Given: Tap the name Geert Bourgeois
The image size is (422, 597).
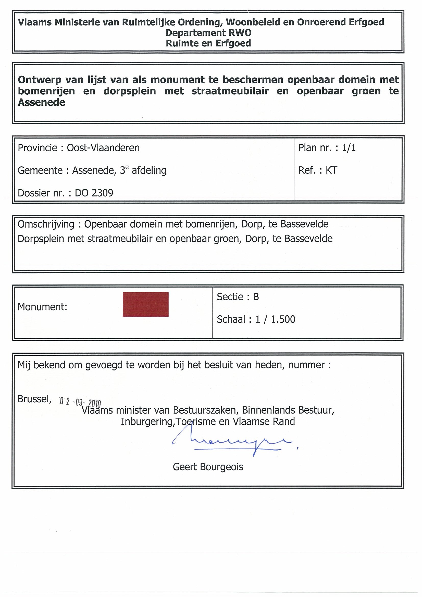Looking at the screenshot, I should pyautogui.click(x=208, y=467).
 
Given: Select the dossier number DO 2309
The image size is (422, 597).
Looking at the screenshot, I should pyautogui.click(x=94, y=193).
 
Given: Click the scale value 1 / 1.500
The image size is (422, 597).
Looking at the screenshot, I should pyautogui.click(x=275, y=319).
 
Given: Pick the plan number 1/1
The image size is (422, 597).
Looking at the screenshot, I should pyautogui.click(x=349, y=148).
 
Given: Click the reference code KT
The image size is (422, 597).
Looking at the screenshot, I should pyautogui.click(x=331, y=170).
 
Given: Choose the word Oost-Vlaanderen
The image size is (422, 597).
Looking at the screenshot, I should pyautogui.click(x=103, y=148).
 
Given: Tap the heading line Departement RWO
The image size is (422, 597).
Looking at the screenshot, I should pyautogui.click(x=208, y=33).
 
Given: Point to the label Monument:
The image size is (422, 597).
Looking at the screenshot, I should pyautogui.click(x=42, y=307).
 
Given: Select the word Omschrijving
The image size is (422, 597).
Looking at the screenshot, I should pyautogui.click(x=46, y=224).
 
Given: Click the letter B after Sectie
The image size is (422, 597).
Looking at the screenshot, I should pyautogui.click(x=256, y=297).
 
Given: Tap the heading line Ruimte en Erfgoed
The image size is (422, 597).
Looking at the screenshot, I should pyautogui.click(x=208, y=43).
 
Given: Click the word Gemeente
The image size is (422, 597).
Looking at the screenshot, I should pyautogui.click(x=40, y=171).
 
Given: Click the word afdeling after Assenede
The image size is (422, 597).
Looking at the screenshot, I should pyautogui.click(x=149, y=171).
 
